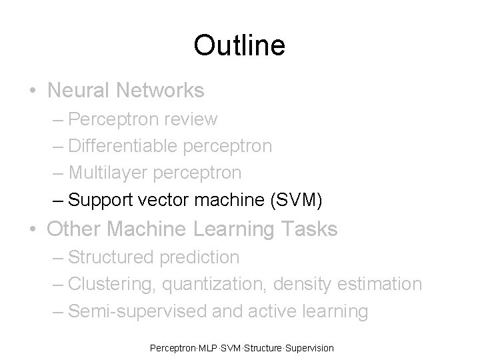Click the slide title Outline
[239, 45]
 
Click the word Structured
[111, 257]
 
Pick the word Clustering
[112, 284]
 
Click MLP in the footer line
[207, 348]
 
